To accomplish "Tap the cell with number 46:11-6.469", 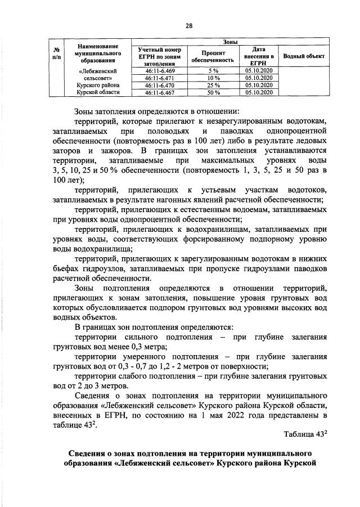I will pyautogui.click(x=159, y=70).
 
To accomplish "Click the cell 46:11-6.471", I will pyautogui.click(x=159, y=78).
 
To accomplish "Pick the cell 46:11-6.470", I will pyautogui.click(x=159, y=85).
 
